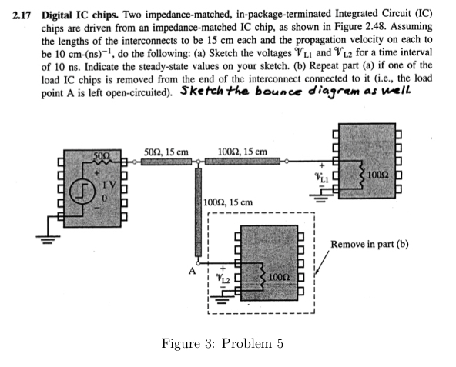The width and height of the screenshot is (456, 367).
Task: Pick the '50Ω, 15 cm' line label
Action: tap(166, 151)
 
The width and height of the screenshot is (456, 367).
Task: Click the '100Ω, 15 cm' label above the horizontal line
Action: tap(243, 151)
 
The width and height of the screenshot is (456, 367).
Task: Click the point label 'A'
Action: tap(186, 271)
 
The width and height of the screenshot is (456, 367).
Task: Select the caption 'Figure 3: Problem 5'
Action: tap(222, 342)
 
